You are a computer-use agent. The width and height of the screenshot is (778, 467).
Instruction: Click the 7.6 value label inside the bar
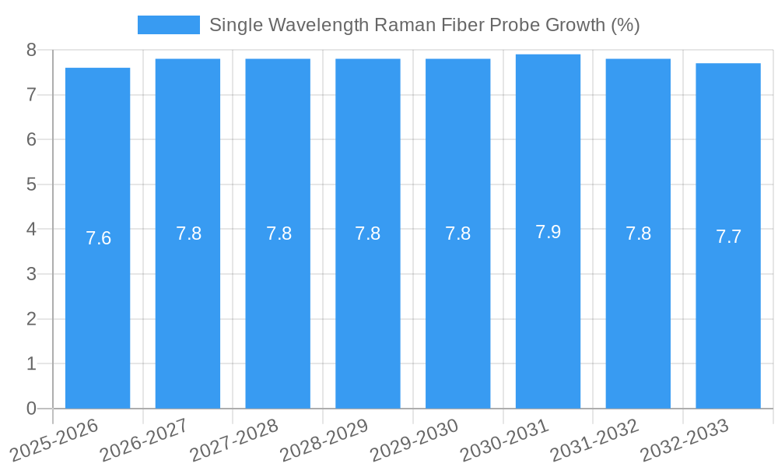pos(99,238)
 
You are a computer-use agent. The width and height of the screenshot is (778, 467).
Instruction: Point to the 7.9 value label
pos(548,232)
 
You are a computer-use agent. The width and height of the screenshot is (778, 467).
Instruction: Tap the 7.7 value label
pos(728,237)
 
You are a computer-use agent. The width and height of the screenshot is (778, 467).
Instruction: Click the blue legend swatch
pos(168,25)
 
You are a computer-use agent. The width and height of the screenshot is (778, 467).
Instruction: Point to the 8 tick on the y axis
pos(31,50)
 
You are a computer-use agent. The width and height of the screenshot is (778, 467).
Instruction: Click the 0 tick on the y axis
pos(31,409)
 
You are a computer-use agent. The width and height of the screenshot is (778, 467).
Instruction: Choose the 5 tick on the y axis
pos(31,184)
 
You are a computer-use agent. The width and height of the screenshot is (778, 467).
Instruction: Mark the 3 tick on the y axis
pos(31,274)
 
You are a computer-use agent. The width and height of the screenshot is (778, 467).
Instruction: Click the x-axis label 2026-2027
pos(144,438)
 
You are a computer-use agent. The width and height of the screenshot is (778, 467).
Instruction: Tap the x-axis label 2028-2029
pos(324,438)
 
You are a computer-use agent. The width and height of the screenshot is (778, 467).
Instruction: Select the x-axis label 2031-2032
pos(594,438)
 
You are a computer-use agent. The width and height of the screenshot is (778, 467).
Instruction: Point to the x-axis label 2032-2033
pos(685,438)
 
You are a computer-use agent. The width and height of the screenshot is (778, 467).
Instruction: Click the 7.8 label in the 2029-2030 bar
pos(457,233)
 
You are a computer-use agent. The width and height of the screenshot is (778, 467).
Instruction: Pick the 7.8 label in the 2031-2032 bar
pos(638,233)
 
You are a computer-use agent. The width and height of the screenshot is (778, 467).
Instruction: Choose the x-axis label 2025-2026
pos(54,438)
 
